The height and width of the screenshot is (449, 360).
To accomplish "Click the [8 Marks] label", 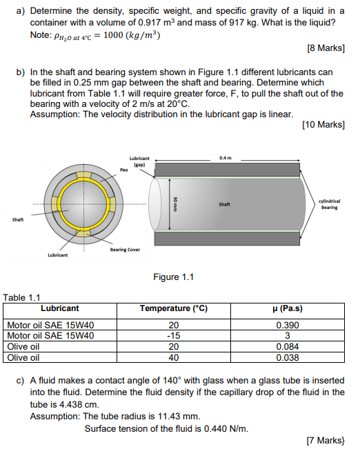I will (324, 48).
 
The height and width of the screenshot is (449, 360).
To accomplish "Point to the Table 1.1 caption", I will (23, 298).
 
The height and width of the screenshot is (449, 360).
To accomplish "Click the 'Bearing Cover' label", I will (125, 249).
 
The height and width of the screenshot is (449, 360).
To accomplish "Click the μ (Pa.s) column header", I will (288, 308).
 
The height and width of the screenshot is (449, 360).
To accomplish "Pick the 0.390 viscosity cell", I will (288, 326).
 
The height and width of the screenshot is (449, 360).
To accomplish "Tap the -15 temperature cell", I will (174, 336).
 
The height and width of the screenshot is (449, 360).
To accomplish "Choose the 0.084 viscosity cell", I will (288, 347).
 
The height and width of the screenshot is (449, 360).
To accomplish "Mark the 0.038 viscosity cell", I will (288, 357).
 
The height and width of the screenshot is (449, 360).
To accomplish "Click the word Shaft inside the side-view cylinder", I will (225, 205).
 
